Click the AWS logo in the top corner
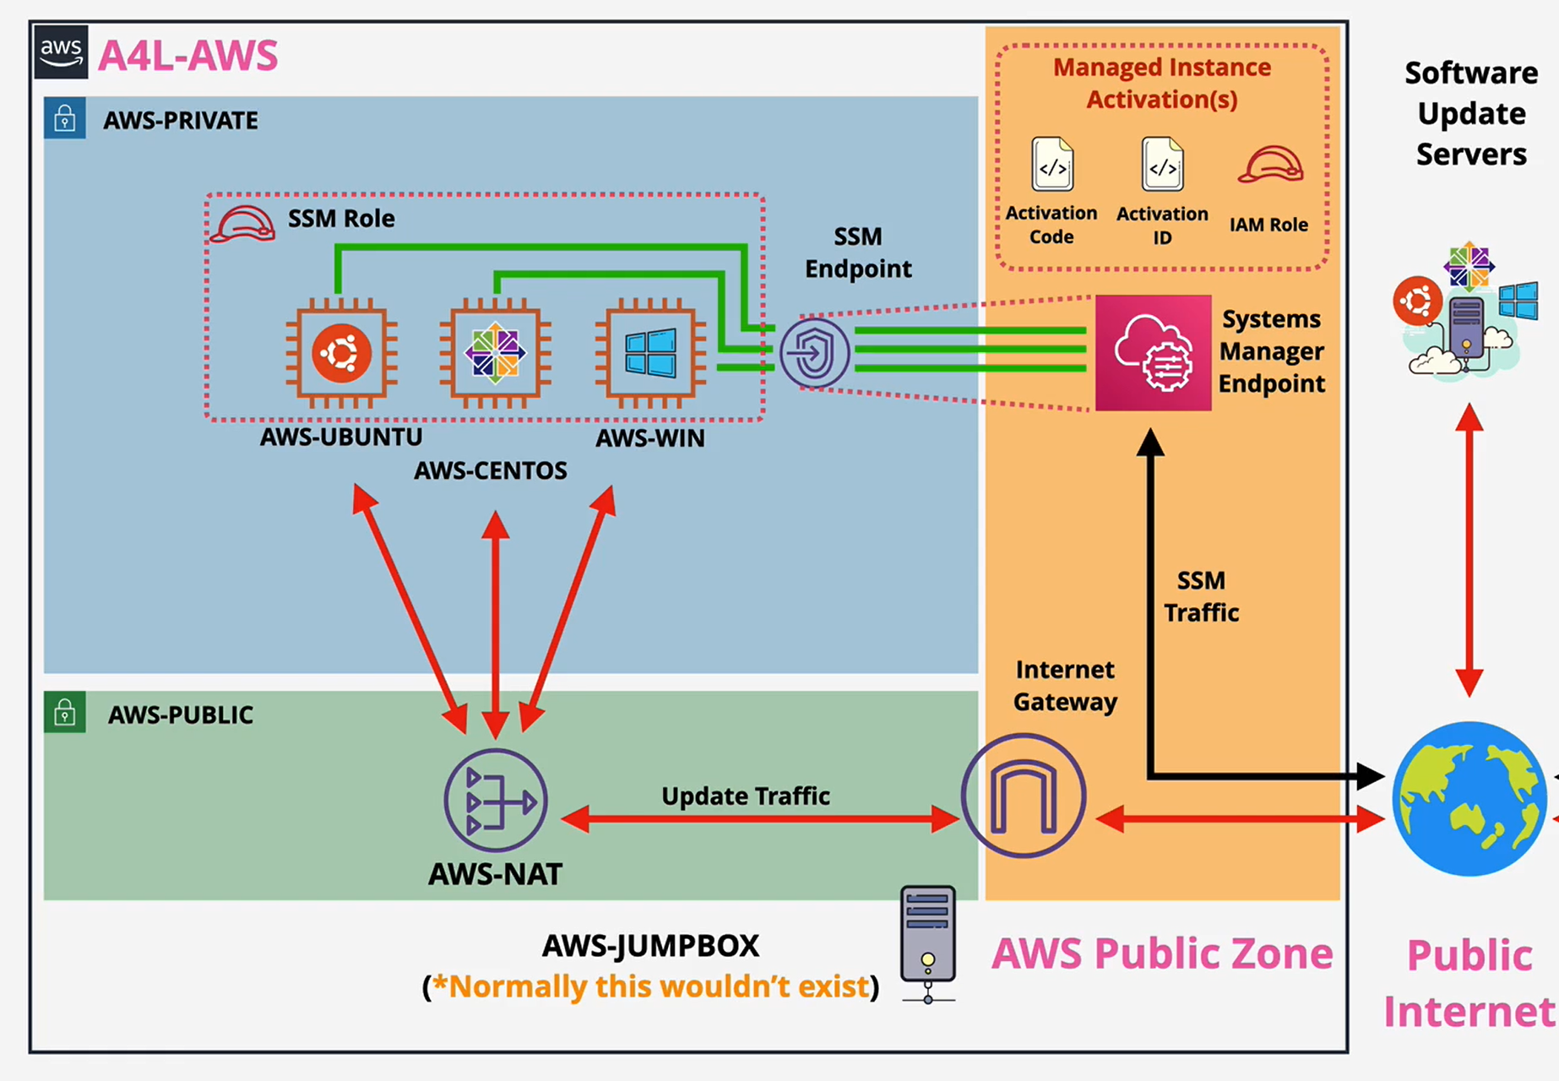61,52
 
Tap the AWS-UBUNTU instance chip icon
341,352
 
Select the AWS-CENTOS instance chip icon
496,352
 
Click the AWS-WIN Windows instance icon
650,352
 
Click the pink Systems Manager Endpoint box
1153,353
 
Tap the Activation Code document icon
1052,165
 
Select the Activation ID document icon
1162,165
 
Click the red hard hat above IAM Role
1270,165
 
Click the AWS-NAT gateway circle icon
496,800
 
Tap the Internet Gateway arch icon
1024,796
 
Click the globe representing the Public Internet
1469,798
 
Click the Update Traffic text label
745,796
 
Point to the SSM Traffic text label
1201,596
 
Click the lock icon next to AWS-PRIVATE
65,119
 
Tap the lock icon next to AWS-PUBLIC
65,713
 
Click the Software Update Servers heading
1471,113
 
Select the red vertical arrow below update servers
1469,549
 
